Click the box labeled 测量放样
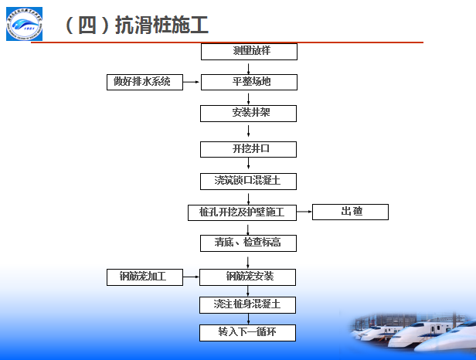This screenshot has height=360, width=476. point(249,52)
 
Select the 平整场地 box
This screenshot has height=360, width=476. point(249,82)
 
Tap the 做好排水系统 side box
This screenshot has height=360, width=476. point(144,82)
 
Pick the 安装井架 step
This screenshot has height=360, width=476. point(249,113)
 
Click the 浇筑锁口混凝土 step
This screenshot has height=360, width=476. point(249,182)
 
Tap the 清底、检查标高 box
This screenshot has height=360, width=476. point(249,243)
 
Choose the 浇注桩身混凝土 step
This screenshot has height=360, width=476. point(249,304)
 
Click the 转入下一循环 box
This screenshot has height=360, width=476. point(249,333)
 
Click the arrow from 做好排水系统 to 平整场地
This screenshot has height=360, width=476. point(192,82)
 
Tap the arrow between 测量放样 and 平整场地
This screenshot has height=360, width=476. point(249,67)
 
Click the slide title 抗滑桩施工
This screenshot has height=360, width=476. point(135,25)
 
